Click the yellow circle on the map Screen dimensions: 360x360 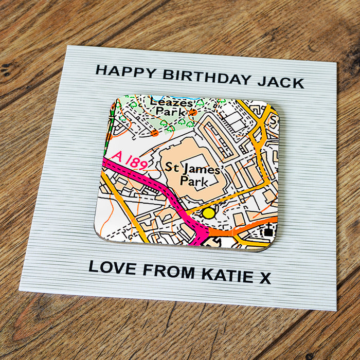pyautogui.click(x=208, y=212)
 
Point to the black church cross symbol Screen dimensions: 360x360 pyautogui.click(x=267, y=231)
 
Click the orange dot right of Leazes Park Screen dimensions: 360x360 pyautogui.click(x=193, y=112)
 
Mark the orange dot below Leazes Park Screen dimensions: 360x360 pyautogui.click(x=154, y=133)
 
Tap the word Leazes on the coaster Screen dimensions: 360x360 pyautogui.click(x=175, y=102)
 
